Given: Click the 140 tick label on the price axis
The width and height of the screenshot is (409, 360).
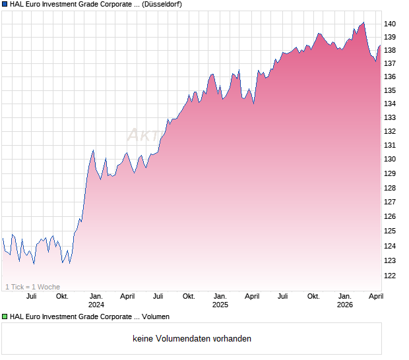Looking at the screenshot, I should [x=390, y=24].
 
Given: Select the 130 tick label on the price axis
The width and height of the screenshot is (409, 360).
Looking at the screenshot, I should [x=390, y=159].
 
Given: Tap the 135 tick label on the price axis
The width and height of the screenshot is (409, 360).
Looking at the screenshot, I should [x=390, y=90].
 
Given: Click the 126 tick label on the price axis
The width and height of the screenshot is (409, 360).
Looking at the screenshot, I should [x=390, y=217].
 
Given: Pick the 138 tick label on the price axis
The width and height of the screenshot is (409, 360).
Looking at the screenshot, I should [x=390, y=50].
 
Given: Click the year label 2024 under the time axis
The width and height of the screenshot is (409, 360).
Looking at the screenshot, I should [x=96, y=305].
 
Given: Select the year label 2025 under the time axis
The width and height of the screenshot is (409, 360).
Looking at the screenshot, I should [x=220, y=305].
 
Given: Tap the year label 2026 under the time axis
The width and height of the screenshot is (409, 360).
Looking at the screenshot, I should [x=345, y=305].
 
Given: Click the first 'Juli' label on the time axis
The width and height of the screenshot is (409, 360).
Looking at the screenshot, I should [x=31, y=296].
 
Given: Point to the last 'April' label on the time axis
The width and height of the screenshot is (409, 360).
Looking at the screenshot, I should [x=375, y=296].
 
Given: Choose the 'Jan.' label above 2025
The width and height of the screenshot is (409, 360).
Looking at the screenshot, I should [x=220, y=296].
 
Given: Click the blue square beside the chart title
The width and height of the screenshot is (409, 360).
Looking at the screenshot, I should [x=5, y=4].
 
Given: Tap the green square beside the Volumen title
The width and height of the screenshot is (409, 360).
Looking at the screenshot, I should [x=5, y=316].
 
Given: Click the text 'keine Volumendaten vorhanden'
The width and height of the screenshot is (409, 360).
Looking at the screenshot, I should [x=191, y=339].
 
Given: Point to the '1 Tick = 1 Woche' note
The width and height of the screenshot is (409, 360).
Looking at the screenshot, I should [x=32, y=287].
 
